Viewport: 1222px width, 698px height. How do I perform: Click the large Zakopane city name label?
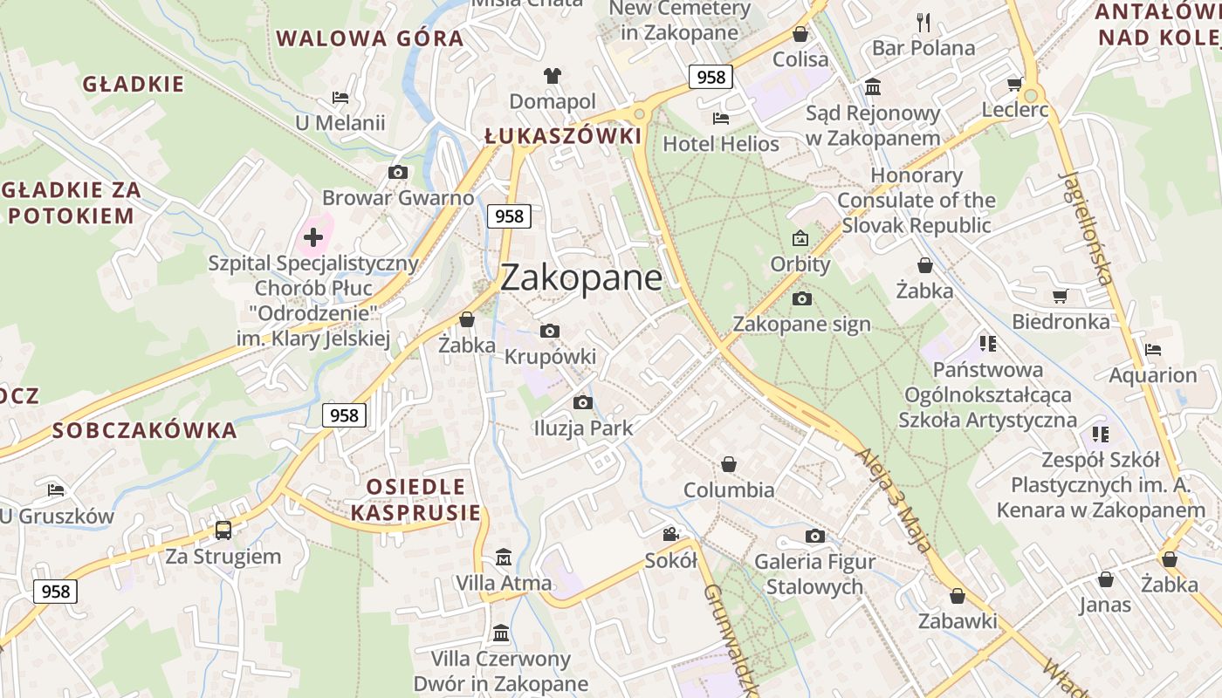point(581,277)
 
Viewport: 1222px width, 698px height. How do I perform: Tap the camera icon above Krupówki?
point(549,331)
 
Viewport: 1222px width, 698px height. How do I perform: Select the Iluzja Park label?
point(583,428)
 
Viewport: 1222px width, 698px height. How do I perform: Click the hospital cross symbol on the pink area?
point(313,236)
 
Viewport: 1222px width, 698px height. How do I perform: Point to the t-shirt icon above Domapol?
point(552,76)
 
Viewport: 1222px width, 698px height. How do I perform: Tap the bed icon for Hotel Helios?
point(720,118)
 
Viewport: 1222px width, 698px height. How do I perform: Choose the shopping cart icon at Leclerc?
point(1014,84)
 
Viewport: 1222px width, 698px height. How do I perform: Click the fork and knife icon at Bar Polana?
point(923,22)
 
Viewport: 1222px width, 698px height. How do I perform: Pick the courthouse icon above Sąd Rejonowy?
point(873,86)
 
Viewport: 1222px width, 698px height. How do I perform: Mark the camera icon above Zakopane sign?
point(801,299)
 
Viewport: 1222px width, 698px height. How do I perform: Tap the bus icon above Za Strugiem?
point(223,530)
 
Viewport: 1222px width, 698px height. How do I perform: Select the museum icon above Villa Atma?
point(504,557)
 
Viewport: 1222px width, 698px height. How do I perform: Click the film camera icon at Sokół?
point(670,534)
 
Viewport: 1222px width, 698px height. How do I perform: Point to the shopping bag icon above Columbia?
point(729,464)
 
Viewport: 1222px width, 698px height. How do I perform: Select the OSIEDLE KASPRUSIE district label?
point(415,499)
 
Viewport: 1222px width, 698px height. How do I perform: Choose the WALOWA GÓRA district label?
point(370,38)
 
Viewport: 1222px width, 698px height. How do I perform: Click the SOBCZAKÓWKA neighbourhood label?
point(145,430)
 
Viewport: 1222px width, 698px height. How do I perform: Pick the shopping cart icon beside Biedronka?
point(1060,297)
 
